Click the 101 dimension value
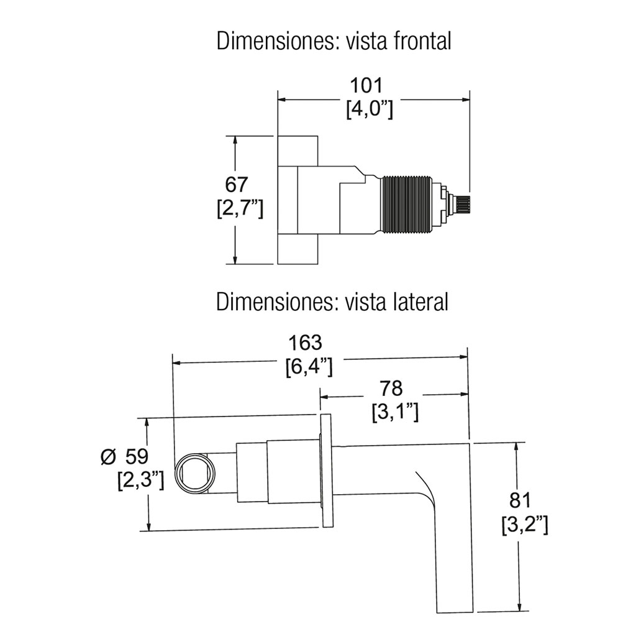coord(370,86)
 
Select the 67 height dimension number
coord(237,185)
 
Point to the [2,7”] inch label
coord(240,208)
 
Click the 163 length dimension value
coord(306,342)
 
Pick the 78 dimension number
coord(391,388)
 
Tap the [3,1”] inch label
coord(394,411)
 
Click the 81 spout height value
coord(519,500)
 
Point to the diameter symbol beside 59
coord(108,457)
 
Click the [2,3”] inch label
coord(140,480)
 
